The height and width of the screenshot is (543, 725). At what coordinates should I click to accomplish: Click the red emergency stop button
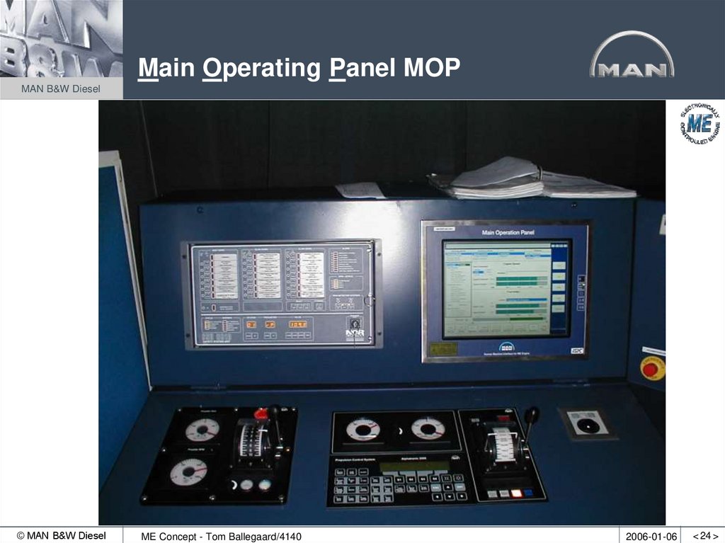pyautogui.click(x=651, y=368)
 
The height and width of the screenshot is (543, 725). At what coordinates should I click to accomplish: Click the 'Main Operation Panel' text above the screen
pyautogui.click(x=508, y=232)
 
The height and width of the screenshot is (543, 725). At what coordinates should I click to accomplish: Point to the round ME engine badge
pyautogui.click(x=700, y=124)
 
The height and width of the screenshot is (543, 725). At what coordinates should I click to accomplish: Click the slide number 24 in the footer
pyautogui.click(x=705, y=536)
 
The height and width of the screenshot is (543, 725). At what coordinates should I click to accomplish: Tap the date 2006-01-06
pyautogui.click(x=651, y=536)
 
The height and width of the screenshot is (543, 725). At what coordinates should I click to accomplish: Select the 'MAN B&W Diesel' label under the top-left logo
pyautogui.click(x=61, y=88)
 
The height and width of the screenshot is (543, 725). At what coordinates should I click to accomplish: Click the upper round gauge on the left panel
pyautogui.click(x=202, y=429)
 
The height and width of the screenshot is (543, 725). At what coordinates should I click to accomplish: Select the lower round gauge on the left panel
pyautogui.click(x=188, y=471)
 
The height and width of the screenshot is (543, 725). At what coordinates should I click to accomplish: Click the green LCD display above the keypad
pyautogui.click(x=414, y=466)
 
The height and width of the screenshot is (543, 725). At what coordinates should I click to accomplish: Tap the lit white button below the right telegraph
pyautogui.click(x=516, y=493)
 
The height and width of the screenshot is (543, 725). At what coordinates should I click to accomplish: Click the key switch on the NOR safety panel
pyautogui.click(x=355, y=323)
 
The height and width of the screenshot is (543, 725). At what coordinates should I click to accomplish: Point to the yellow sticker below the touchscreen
pyautogui.click(x=443, y=348)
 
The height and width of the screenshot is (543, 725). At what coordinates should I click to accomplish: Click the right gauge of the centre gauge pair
pyautogui.click(x=428, y=428)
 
